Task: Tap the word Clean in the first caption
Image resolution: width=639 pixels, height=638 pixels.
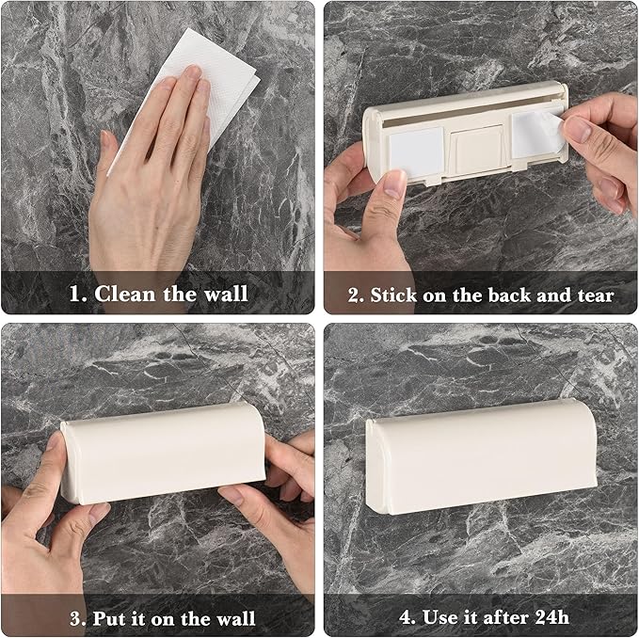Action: click(x=125, y=294)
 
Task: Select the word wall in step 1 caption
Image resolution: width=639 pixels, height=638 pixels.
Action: click(x=226, y=294)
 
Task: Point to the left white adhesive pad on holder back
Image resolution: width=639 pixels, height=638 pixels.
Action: click(x=417, y=152)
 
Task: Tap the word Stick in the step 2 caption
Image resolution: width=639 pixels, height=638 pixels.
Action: click(x=394, y=295)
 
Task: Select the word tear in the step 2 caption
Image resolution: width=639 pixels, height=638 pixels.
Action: click(x=597, y=295)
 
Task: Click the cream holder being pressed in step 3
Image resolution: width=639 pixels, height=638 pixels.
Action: click(x=163, y=453)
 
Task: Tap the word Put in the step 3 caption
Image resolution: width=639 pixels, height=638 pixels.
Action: click(x=108, y=619)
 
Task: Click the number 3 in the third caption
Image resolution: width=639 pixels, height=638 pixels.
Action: click(x=76, y=619)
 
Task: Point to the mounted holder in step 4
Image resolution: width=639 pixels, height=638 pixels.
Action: click(x=481, y=456)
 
